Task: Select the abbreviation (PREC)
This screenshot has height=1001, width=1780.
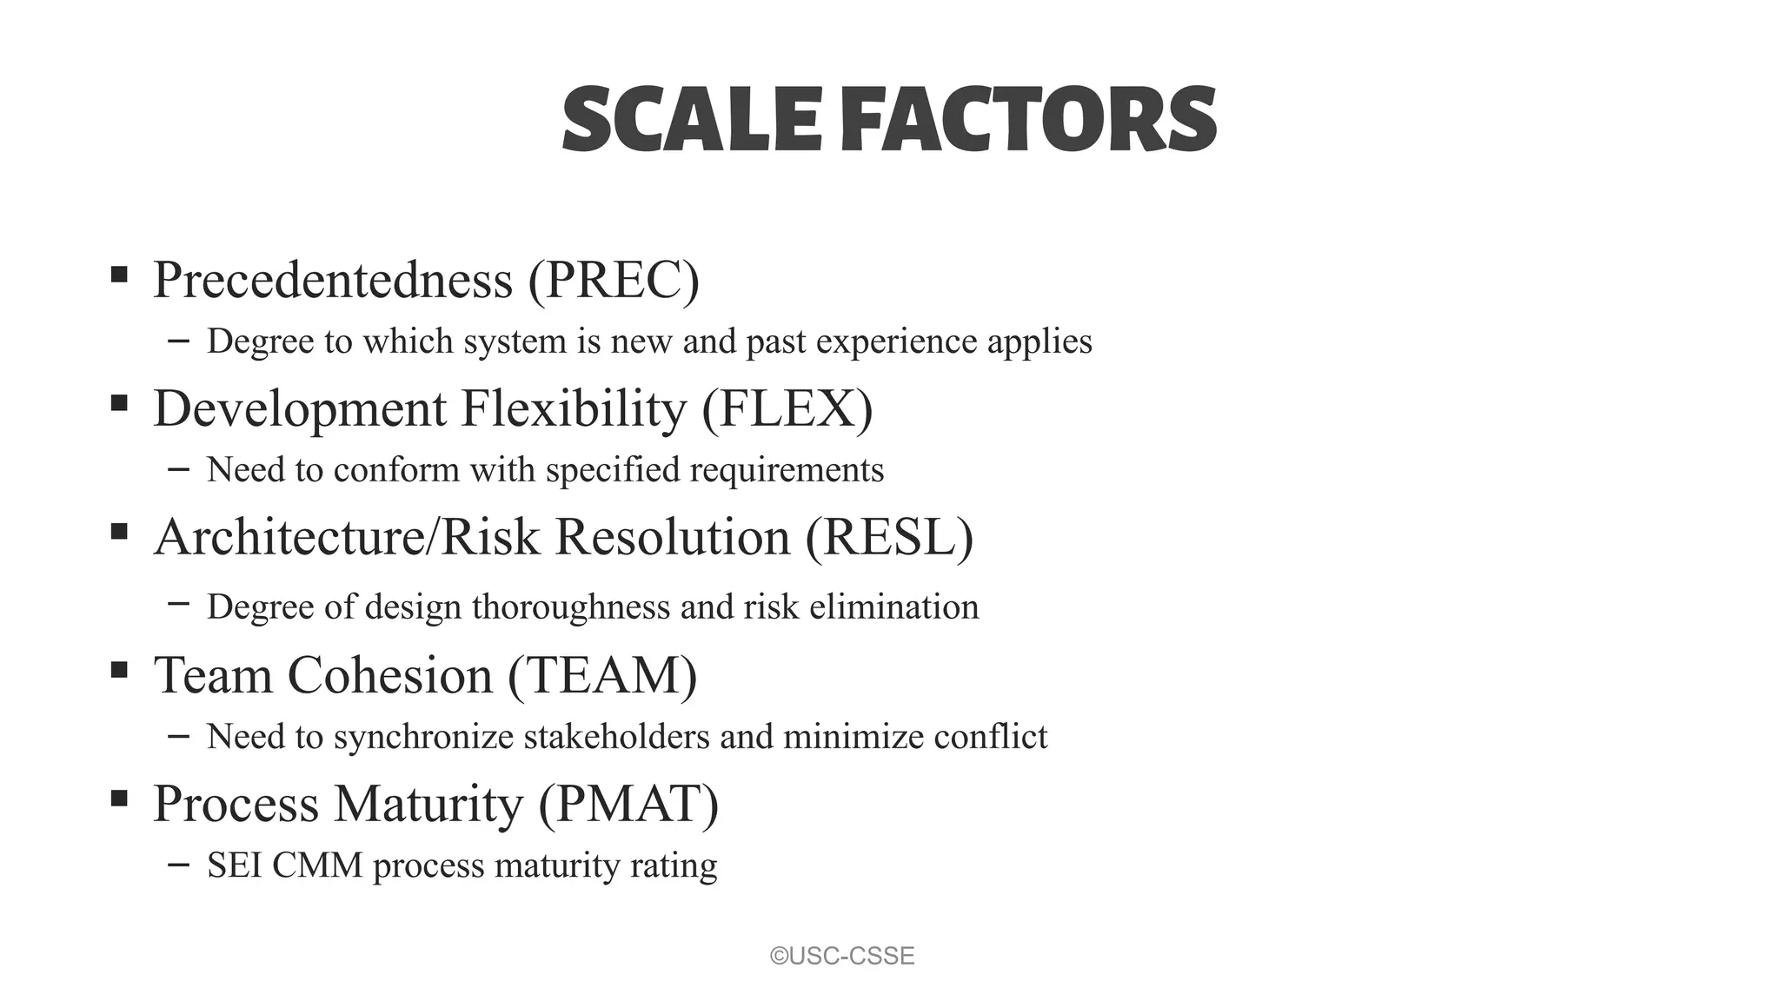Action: click(x=613, y=280)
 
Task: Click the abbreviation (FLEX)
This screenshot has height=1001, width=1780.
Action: click(x=787, y=408)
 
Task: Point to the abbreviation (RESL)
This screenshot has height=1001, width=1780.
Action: click(x=889, y=537)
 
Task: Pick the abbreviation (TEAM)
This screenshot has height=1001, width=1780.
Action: click(x=602, y=675)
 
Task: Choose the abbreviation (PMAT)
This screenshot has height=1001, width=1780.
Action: click(x=628, y=804)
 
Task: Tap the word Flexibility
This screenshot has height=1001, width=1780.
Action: click(x=574, y=408)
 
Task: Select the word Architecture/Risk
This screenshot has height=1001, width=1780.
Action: click(x=347, y=537)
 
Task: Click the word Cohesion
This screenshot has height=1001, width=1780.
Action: click(x=389, y=675)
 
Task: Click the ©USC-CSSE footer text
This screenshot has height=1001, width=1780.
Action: click(x=842, y=956)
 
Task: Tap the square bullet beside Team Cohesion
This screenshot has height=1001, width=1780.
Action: click(x=119, y=669)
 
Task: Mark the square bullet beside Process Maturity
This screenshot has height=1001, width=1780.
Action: click(x=119, y=798)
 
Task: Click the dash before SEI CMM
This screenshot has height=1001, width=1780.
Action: click(x=178, y=864)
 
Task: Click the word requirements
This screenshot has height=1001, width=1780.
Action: click(x=787, y=470)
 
